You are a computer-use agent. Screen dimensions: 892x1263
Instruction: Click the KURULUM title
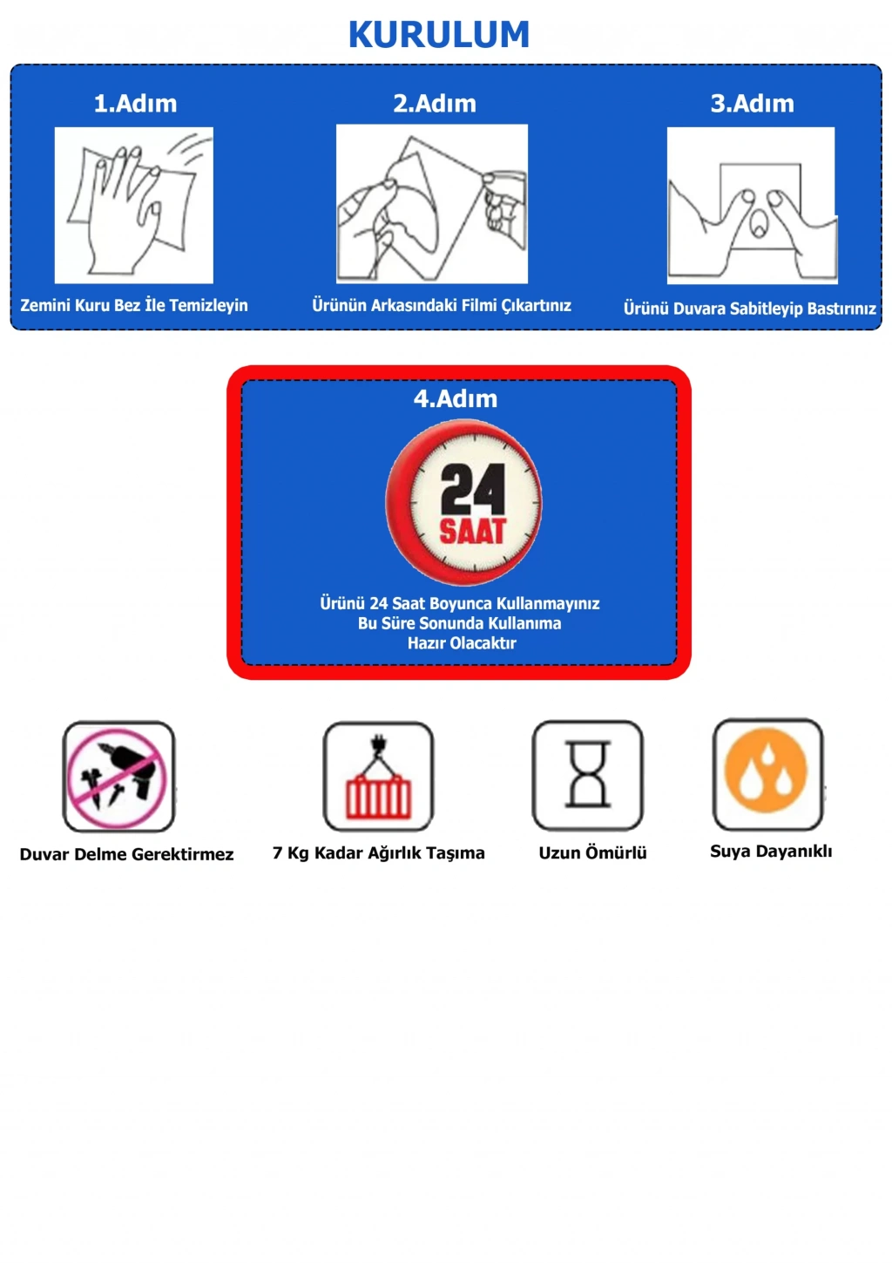pos(439,34)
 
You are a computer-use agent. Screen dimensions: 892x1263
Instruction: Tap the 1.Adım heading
pos(135,103)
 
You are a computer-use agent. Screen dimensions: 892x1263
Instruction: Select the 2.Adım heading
pos(435,103)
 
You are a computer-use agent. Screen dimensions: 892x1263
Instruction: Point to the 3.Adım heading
pos(753,103)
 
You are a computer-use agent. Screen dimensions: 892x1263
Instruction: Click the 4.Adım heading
pos(456,398)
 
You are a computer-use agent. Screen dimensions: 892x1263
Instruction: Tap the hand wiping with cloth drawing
pos(134,205)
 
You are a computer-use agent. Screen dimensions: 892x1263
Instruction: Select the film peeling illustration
pos(432,204)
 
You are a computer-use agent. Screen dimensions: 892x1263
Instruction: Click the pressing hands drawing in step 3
pos(753,206)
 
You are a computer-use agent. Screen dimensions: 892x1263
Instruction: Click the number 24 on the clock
pos(472,489)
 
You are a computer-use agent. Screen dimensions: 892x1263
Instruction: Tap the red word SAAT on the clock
pos(472,531)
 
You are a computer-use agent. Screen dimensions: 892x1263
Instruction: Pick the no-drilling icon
pos(118,777)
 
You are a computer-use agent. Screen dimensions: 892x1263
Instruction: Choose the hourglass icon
pos(588,775)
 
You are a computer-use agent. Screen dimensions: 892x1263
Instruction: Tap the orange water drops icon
pos(767,774)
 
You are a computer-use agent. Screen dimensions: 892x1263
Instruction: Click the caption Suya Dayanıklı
pos(771,852)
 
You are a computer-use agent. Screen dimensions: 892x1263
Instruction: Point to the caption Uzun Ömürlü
pos(593,852)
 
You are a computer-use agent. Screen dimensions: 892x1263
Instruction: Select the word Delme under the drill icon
pos(100,854)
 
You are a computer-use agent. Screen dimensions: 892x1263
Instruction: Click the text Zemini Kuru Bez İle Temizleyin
pos(134,305)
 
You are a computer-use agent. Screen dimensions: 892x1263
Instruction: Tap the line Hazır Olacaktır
pos(462,642)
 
